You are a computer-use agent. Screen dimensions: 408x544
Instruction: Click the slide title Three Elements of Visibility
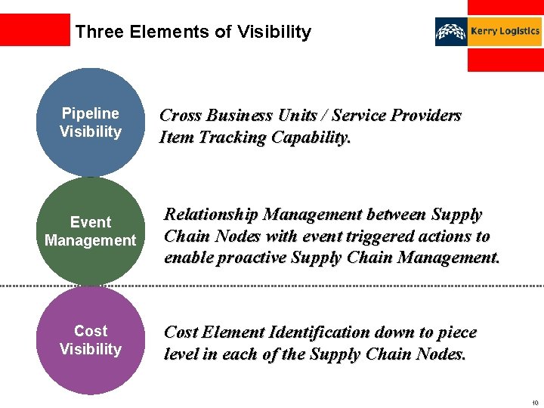pyautogui.click(x=193, y=32)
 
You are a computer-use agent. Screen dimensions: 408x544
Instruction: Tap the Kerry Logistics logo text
pyautogui.click(x=505, y=31)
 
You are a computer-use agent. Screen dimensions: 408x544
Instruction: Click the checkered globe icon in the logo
pyautogui.click(x=451, y=32)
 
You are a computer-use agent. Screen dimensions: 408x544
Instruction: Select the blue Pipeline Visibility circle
pyautogui.click(x=90, y=122)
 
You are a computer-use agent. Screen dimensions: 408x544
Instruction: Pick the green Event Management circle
pyautogui.click(x=90, y=231)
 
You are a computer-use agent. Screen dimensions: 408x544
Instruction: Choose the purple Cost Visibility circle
pyautogui.click(x=90, y=340)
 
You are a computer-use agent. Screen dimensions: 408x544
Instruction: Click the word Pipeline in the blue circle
pyautogui.click(x=90, y=113)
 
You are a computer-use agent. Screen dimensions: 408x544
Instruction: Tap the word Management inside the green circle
pyautogui.click(x=90, y=240)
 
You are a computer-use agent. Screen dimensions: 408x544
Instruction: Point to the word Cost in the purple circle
pyautogui.click(x=90, y=331)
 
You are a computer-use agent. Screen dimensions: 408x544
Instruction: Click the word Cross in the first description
pyautogui.click(x=180, y=116)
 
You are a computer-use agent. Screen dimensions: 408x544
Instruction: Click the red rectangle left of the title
pyautogui.click(x=35, y=29)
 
